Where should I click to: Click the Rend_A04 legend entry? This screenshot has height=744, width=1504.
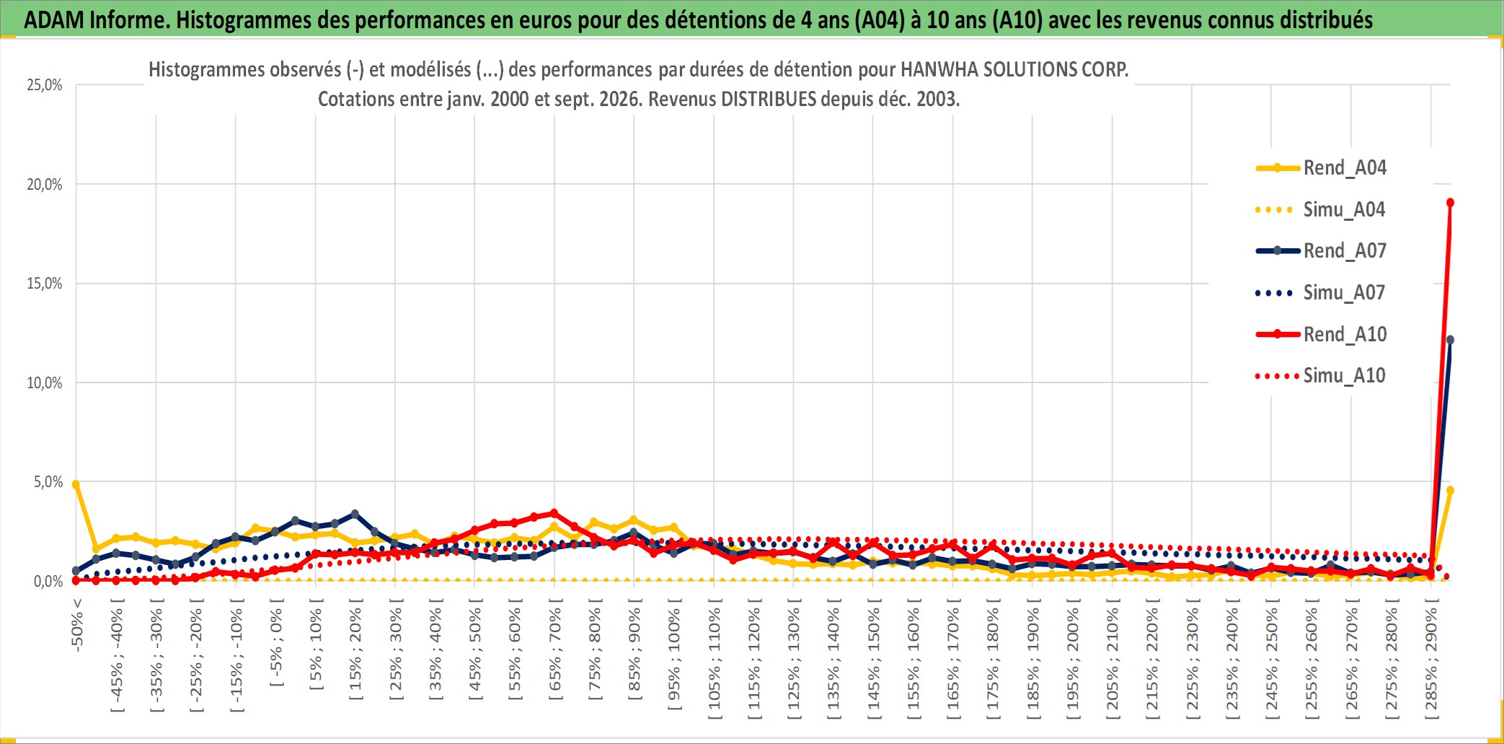click(1321, 168)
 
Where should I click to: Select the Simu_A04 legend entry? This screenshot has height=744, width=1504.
click(1321, 210)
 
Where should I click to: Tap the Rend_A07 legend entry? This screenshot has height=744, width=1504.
click(1321, 251)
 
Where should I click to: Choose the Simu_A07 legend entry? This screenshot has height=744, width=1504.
click(1321, 293)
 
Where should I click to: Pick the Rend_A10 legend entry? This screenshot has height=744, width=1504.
click(1321, 335)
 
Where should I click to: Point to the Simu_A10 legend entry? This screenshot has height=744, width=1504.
click(1321, 376)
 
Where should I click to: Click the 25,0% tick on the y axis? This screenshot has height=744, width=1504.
click(45, 85)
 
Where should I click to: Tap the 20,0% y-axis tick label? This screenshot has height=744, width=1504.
click(45, 185)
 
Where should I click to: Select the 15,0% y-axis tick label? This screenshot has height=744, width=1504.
click(45, 284)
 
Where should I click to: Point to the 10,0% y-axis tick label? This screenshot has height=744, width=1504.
click(45, 383)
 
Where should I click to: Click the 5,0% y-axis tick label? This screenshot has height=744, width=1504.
click(48, 482)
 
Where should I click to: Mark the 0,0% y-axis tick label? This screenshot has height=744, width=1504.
click(48, 582)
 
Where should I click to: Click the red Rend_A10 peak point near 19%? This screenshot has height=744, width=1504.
click(1450, 203)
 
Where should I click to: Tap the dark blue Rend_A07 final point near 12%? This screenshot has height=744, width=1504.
click(1450, 340)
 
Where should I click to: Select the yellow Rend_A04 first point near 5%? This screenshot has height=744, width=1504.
click(76, 484)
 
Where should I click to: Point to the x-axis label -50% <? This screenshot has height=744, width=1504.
click(77, 625)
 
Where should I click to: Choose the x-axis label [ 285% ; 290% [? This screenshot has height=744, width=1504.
click(1431, 663)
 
